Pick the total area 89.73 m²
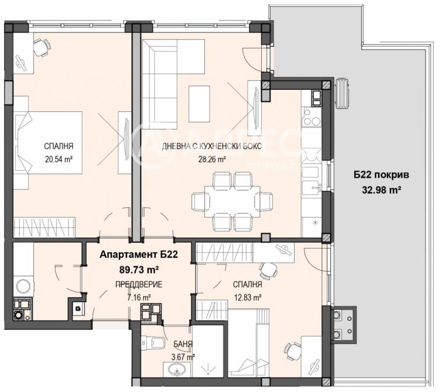click(x=140, y=270)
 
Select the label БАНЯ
click(x=184, y=344)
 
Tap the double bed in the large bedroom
click(x=50, y=141)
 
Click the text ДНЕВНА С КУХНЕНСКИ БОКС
click(x=211, y=146)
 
